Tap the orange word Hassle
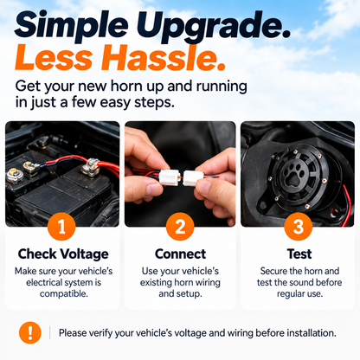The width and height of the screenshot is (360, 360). pyautogui.click(x=164, y=58)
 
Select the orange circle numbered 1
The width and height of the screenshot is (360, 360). pyautogui.click(x=61, y=227)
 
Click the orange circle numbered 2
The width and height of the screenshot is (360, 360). pyautogui.click(x=180, y=227)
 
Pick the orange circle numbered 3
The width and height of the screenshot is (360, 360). pyautogui.click(x=299, y=227)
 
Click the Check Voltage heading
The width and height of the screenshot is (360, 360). pyautogui.click(x=63, y=254)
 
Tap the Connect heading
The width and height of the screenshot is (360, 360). pyautogui.click(x=180, y=254)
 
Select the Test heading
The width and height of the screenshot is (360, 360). pyautogui.click(x=299, y=254)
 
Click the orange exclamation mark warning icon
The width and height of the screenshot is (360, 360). pyautogui.click(x=30, y=332)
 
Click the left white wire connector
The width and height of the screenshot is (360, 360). pyautogui.click(x=169, y=177)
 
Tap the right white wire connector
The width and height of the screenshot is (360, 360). pyautogui.click(x=194, y=177)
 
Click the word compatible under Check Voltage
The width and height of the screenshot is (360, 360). pyautogui.click(x=64, y=294)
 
